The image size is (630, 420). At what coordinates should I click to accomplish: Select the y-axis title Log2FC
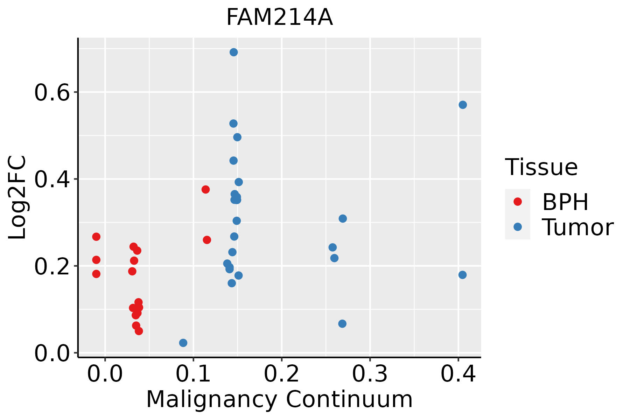point(17,197)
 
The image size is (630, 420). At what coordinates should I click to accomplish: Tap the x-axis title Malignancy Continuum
point(279,399)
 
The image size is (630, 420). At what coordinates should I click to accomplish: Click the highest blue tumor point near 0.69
point(234,52)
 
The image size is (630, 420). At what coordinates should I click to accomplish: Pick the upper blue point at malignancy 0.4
point(463,105)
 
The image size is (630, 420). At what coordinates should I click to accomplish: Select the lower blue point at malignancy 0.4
point(462,275)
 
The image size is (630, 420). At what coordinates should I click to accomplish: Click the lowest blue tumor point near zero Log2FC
point(183,343)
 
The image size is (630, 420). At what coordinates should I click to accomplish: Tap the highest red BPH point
point(205,189)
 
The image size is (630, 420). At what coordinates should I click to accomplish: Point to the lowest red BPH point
point(139,331)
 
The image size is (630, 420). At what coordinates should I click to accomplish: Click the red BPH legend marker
point(517,201)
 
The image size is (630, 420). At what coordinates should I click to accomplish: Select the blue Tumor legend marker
point(517,227)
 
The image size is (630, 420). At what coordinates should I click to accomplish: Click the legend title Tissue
point(541,167)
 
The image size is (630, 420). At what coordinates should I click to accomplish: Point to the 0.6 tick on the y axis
point(76,92)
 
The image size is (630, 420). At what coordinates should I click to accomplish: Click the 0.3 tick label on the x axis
point(370,374)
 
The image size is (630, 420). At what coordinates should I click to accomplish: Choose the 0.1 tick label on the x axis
point(193,374)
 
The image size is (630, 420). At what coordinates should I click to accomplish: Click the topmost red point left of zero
point(96,237)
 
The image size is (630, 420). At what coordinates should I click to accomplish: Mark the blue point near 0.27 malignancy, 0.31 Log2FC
point(343,218)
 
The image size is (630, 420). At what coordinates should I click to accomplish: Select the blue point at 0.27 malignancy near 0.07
point(342,323)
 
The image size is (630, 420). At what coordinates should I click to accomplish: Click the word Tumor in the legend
point(578,227)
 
